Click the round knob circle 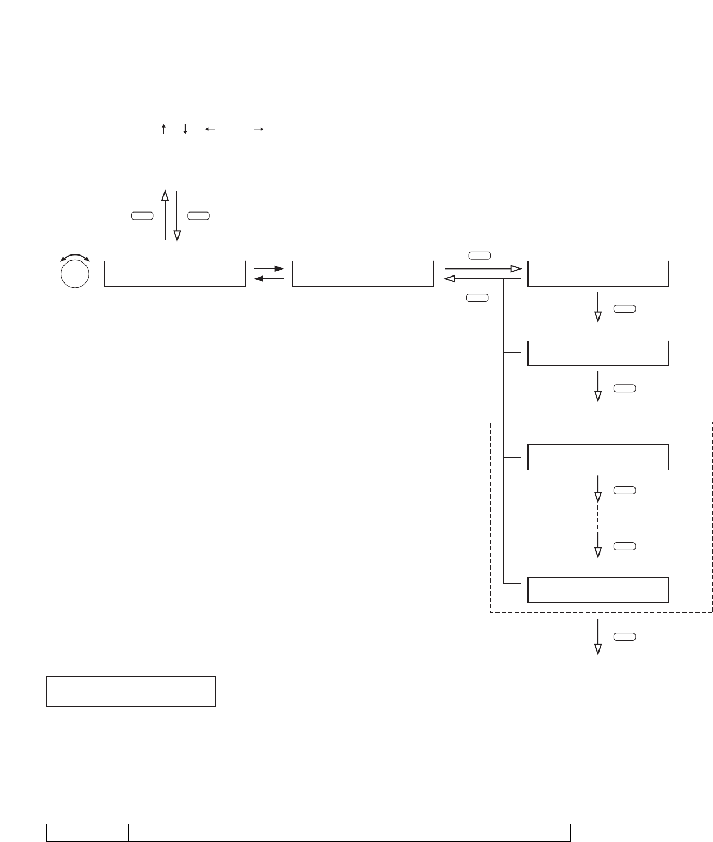pyautogui.click(x=75, y=273)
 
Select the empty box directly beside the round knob pyautogui.click(x=175, y=274)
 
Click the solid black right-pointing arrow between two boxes pyautogui.click(x=268, y=268)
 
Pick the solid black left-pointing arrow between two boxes pyautogui.click(x=268, y=279)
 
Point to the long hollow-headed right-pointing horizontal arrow pyautogui.click(x=483, y=268)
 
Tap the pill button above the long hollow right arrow pyautogui.click(x=480, y=256)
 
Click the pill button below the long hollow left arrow pyautogui.click(x=477, y=297)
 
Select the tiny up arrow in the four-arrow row pyautogui.click(x=163, y=129)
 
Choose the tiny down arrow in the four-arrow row pyautogui.click(x=184, y=129)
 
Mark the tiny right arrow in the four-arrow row pyautogui.click(x=259, y=129)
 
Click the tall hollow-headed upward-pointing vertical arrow pyautogui.click(x=165, y=215)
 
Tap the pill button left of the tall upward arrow pyautogui.click(x=142, y=216)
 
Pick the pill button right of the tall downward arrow pyautogui.click(x=198, y=216)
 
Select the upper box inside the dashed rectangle pyautogui.click(x=598, y=457)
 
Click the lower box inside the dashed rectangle pyautogui.click(x=598, y=590)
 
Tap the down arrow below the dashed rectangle pyautogui.click(x=598, y=636)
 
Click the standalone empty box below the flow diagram pyautogui.click(x=131, y=691)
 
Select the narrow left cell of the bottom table pyautogui.click(x=87, y=832)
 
